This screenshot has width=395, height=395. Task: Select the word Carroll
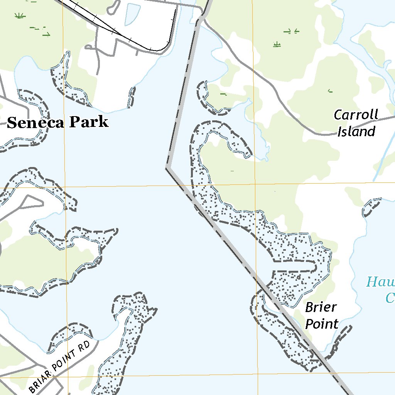tap(356, 115)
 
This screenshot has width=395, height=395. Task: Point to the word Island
tap(356, 132)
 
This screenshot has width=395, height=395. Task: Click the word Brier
tap(321, 308)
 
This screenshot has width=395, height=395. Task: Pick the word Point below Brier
tap(322, 324)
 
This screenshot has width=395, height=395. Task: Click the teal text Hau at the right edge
tap(380, 282)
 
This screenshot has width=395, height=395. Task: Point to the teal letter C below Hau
tap(390, 298)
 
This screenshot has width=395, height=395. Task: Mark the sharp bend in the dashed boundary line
tap(167, 168)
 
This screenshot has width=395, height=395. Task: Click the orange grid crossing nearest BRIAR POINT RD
tap(68, 376)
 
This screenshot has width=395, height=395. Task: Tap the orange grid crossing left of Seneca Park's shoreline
tap(64, 188)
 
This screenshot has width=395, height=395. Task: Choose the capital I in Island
tap(340, 132)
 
